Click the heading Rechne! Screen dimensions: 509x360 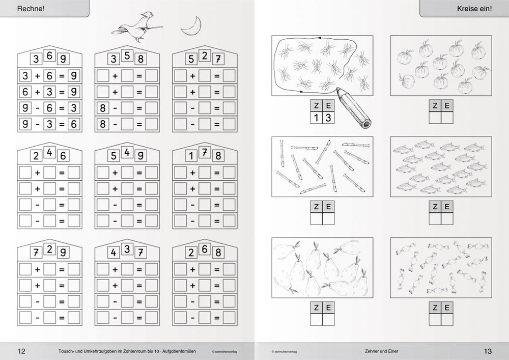31,9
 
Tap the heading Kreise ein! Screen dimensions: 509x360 474,9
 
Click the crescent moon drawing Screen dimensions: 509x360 192,26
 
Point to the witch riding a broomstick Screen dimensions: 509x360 137,27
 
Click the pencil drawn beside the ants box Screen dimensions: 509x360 354,107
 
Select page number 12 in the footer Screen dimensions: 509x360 21,351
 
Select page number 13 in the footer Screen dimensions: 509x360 488,351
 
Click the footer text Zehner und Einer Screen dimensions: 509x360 381,351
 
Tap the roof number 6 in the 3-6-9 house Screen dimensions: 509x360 49,56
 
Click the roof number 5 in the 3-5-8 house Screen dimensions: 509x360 127,56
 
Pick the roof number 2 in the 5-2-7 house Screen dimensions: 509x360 205,56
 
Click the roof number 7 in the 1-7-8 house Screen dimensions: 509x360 205,152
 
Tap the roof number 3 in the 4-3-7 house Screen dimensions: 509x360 127,249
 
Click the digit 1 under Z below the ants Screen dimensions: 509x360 316,118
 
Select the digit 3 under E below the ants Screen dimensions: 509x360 328,118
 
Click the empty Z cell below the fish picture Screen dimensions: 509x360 435,219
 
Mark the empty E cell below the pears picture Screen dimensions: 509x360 328,320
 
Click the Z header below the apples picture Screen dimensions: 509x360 435,105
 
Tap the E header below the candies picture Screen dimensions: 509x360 447,308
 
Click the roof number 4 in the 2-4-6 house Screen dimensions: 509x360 49,152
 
